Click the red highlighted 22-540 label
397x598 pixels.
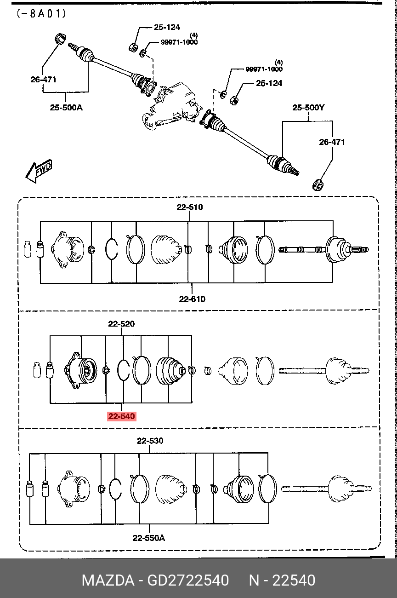click(122, 416)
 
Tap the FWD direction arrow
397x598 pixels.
click(39, 171)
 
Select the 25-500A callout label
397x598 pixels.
click(66, 108)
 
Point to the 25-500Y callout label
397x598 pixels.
click(308, 108)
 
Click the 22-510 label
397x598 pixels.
click(190, 207)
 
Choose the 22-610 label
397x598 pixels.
click(192, 299)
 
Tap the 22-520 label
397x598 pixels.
click(121, 324)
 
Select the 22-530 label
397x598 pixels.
click(150, 441)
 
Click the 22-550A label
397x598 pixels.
click(149, 538)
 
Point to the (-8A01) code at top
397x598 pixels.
click(41, 13)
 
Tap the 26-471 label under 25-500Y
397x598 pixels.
click(332, 142)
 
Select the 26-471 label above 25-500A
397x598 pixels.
click(43, 80)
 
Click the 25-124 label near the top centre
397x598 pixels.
click(167, 27)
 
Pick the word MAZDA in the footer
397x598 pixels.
click(108, 581)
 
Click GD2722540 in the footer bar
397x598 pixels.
click(188, 581)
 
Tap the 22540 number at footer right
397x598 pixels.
click(294, 581)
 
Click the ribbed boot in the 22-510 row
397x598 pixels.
click(166, 250)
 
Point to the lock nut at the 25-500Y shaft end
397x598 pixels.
click(318, 185)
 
